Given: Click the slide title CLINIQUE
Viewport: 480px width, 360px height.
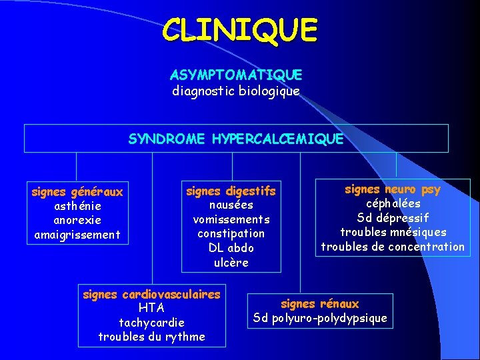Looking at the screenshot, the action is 240,30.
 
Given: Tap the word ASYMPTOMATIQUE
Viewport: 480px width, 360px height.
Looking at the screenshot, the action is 236,75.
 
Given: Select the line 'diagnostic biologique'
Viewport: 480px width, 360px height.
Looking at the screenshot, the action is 236,90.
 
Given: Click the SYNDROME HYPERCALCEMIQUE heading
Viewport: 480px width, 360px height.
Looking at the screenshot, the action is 236,139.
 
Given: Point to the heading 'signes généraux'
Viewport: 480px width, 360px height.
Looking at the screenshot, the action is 77,192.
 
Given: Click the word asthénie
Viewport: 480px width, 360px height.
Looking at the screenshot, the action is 77,206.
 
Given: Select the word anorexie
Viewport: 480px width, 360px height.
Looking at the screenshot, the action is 77,220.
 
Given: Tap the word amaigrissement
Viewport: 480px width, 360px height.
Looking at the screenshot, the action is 77,234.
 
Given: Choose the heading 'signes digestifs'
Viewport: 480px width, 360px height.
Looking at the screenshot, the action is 231,191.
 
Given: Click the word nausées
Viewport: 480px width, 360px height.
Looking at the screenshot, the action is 231,205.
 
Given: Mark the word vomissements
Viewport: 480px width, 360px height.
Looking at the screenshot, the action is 231,219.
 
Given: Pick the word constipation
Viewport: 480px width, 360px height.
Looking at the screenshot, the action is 231,233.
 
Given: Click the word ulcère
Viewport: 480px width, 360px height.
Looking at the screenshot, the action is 231,262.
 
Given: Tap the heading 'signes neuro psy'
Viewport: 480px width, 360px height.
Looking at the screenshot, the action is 393,189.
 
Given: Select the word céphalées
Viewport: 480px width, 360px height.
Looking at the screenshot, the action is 393,204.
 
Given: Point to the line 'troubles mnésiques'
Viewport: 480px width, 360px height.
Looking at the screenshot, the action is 393,232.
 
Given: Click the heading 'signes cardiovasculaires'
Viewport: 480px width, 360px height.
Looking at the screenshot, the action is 151,294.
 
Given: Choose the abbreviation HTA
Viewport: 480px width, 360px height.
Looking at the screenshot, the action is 151,308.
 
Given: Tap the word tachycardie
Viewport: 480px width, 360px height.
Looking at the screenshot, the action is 151,323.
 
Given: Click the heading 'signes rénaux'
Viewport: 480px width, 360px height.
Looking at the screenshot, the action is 320,304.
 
